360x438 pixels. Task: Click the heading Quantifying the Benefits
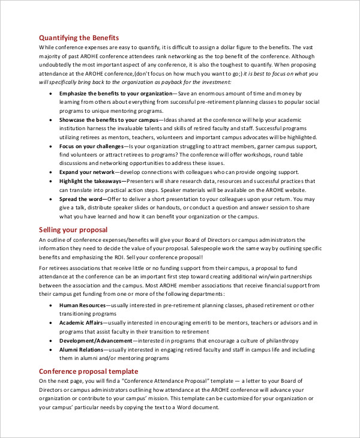(x=79, y=37)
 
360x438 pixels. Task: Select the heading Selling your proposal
(x=73, y=230)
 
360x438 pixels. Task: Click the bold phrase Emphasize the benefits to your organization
(x=115, y=94)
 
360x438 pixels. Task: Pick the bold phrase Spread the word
(x=80, y=199)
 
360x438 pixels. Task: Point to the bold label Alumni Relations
(x=82, y=349)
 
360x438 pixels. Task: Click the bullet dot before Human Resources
(x=49, y=305)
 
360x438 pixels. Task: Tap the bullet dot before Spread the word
(x=49, y=199)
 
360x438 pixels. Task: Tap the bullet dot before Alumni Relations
(x=49, y=349)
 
